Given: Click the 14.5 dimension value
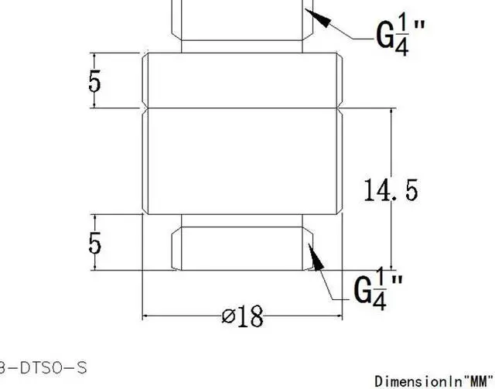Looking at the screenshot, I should pyautogui.click(x=391, y=189).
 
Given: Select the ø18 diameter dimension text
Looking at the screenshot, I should pyautogui.click(x=242, y=316).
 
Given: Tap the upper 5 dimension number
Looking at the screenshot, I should pyautogui.click(x=94, y=80).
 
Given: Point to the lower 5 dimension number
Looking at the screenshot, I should pyautogui.click(x=94, y=243).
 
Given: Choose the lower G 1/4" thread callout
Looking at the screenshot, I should pyautogui.click(x=378, y=288).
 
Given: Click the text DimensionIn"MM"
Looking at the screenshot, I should pyautogui.click(x=434, y=380).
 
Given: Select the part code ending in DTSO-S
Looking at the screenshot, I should pyautogui.click(x=43, y=365).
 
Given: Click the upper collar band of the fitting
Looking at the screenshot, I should pyautogui.click(x=243, y=80).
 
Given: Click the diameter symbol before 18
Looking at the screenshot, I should pyautogui.click(x=228, y=316).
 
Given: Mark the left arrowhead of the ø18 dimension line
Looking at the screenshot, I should pyautogui.click(x=148, y=316).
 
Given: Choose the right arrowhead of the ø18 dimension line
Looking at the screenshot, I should pyautogui.click(x=336, y=316).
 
